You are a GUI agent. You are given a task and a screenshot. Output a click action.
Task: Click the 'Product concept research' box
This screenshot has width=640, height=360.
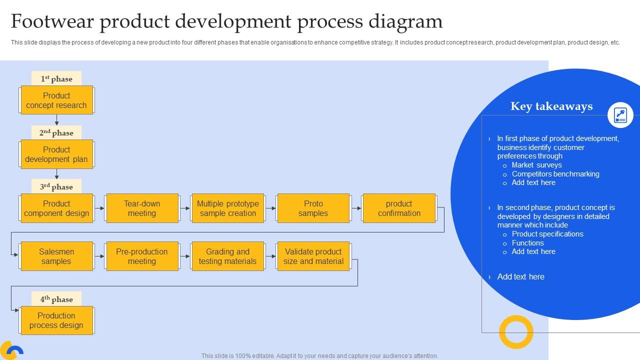(56, 100)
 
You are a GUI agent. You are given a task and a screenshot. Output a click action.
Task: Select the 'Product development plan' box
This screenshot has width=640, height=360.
(56, 154)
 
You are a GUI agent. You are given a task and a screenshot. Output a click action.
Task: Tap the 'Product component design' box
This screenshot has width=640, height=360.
(56, 208)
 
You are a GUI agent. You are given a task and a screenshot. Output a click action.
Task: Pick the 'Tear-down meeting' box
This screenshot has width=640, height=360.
(142, 208)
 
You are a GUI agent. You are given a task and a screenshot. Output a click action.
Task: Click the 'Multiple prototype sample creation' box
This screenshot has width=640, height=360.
(228, 208)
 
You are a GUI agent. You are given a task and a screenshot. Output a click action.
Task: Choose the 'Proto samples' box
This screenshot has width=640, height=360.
(313, 208)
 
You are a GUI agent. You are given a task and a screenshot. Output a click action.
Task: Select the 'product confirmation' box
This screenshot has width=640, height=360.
(399, 208)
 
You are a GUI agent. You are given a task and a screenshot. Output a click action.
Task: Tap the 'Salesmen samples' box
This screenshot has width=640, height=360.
(56, 256)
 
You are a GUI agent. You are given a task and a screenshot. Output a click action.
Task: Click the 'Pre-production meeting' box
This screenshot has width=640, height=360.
(142, 256)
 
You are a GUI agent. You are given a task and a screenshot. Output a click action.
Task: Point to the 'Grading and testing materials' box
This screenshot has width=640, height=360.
(228, 256)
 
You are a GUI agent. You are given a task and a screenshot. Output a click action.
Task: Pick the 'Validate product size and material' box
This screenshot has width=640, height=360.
(313, 256)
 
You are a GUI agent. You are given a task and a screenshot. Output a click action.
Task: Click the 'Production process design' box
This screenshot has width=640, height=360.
(56, 320)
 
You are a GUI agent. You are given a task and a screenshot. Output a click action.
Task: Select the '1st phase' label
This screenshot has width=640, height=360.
(56, 78)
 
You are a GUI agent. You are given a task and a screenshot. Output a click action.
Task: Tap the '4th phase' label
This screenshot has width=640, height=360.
(56, 299)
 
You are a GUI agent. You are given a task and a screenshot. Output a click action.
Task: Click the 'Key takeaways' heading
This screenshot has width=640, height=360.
(551, 106)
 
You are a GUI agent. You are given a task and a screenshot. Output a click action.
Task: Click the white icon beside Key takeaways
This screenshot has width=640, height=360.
(620, 115)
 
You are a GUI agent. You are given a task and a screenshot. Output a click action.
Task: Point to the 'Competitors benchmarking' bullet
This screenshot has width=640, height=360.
(555, 174)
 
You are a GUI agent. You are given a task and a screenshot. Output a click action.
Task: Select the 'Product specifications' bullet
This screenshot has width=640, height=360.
(547, 234)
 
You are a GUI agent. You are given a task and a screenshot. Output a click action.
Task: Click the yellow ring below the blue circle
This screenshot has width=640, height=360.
(516, 332)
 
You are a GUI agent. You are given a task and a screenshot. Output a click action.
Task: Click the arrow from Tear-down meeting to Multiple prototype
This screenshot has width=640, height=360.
(185, 208)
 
